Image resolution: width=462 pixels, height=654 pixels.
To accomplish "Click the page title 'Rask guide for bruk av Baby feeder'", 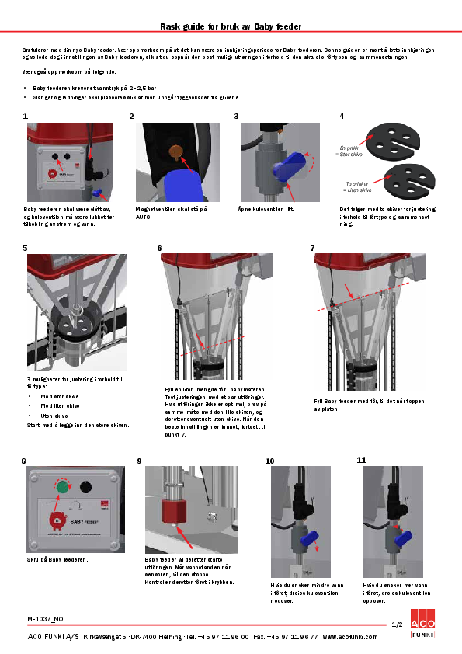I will click(231, 26).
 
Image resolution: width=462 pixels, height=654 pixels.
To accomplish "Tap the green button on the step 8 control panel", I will click(62, 488).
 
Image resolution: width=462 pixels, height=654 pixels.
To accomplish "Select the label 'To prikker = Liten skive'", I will click(358, 186).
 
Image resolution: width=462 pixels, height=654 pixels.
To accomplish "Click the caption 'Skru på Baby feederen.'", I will click(57, 559).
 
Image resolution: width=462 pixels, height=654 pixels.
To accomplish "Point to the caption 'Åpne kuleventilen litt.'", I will click(266, 210).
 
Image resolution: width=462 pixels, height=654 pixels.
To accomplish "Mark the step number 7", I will click(312, 249).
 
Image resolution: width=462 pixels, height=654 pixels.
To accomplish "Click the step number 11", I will click(361, 460).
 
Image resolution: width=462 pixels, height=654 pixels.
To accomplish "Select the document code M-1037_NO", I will click(45, 619).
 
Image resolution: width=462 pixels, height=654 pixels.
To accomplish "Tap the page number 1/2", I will click(396, 624).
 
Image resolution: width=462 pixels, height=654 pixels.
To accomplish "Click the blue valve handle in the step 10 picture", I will click(305, 537).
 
